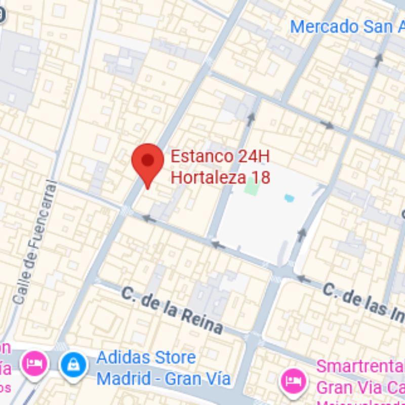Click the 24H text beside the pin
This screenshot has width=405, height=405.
[253, 156]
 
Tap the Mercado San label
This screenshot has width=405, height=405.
[341, 26]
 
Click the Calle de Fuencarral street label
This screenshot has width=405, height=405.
[34, 243]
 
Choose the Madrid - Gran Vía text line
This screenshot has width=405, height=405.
[164, 378]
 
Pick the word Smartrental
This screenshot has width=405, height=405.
[360, 367]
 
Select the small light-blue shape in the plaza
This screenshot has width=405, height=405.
[289, 197]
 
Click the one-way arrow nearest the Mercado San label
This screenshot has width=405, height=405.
[378, 60]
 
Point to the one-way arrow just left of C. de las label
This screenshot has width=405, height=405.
[303, 278]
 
